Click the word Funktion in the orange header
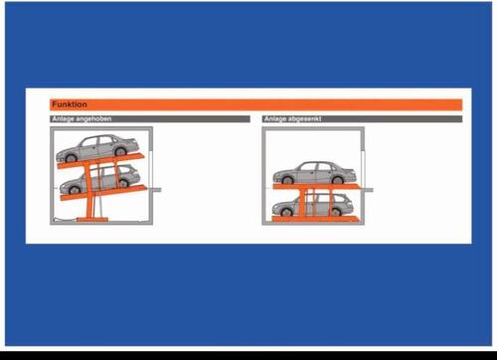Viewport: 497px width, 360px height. tap(70, 104)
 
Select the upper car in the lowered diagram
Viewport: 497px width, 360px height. tap(314, 173)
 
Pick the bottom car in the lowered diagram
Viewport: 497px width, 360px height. tap(313, 205)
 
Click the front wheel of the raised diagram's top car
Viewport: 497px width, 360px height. tap(71, 158)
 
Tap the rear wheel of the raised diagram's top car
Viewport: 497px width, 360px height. tap(120, 151)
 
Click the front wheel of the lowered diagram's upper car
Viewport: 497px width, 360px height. tap(287, 180)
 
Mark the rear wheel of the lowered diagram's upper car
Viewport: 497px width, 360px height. tap(337, 180)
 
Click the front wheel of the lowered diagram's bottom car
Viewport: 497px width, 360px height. tap(286, 212)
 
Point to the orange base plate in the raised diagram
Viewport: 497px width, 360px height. tap(92, 219)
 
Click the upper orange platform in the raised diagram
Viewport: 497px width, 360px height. tap(101, 160)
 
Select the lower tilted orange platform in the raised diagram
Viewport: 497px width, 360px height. tap(103, 193)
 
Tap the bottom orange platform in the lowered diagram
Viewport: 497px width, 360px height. tap(315, 219)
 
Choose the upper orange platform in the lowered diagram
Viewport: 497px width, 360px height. tap(316, 187)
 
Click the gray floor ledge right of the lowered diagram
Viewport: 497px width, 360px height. tap(369, 190)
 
